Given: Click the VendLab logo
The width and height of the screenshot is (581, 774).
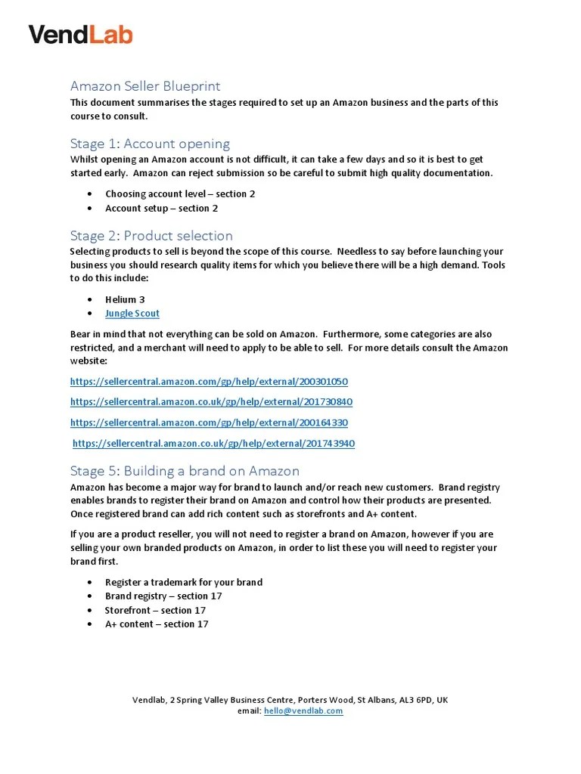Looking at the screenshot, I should click(x=80, y=34).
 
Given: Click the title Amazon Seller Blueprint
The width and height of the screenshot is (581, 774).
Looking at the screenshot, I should click(x=145, y=86).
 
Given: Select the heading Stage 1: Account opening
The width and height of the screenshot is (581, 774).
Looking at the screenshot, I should click(x=150, y=144).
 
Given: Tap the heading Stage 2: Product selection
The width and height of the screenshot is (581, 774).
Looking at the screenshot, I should click(x=151, y=235).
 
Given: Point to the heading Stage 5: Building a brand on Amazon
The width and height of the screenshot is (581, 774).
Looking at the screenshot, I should click(x=185, y=471).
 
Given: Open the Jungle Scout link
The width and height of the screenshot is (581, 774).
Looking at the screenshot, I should click(x=132, y=313).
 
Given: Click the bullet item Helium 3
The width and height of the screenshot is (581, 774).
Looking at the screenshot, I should click(x=125, y=299).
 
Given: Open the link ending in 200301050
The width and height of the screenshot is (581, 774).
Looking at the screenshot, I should click(x=209, y=382).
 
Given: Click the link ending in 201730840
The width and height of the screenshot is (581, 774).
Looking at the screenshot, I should click(x=211, y=402).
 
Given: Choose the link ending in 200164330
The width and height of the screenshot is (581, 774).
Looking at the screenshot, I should click(x=209, y=423).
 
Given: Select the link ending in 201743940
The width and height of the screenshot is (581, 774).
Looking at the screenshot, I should click(x=213, y=443).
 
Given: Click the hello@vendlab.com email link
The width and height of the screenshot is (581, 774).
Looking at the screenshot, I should click(x=303, y=711).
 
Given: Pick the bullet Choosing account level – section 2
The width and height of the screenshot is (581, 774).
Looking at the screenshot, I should click(x=180, y=193).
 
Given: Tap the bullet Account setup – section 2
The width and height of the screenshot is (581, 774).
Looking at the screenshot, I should click(x=161, y=208).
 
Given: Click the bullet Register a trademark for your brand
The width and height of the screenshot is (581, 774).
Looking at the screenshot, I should click(x=184, y=582).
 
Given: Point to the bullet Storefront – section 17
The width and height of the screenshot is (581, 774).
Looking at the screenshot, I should click(x=155, y=610).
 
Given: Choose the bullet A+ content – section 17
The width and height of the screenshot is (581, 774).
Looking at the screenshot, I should click(x=157, y=624).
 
